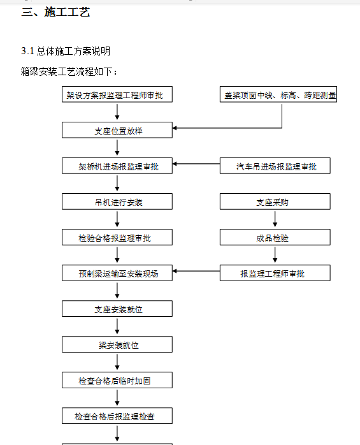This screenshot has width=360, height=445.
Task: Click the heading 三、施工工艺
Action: tap(55, 12)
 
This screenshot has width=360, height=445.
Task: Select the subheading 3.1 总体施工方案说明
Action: tap(66, 51)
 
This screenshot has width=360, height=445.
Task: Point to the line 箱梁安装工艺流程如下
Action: tap(69, 71)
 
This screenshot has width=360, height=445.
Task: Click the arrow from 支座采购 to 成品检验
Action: tap(275, 218)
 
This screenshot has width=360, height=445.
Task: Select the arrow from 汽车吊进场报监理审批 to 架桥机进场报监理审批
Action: tap(196, 164)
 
